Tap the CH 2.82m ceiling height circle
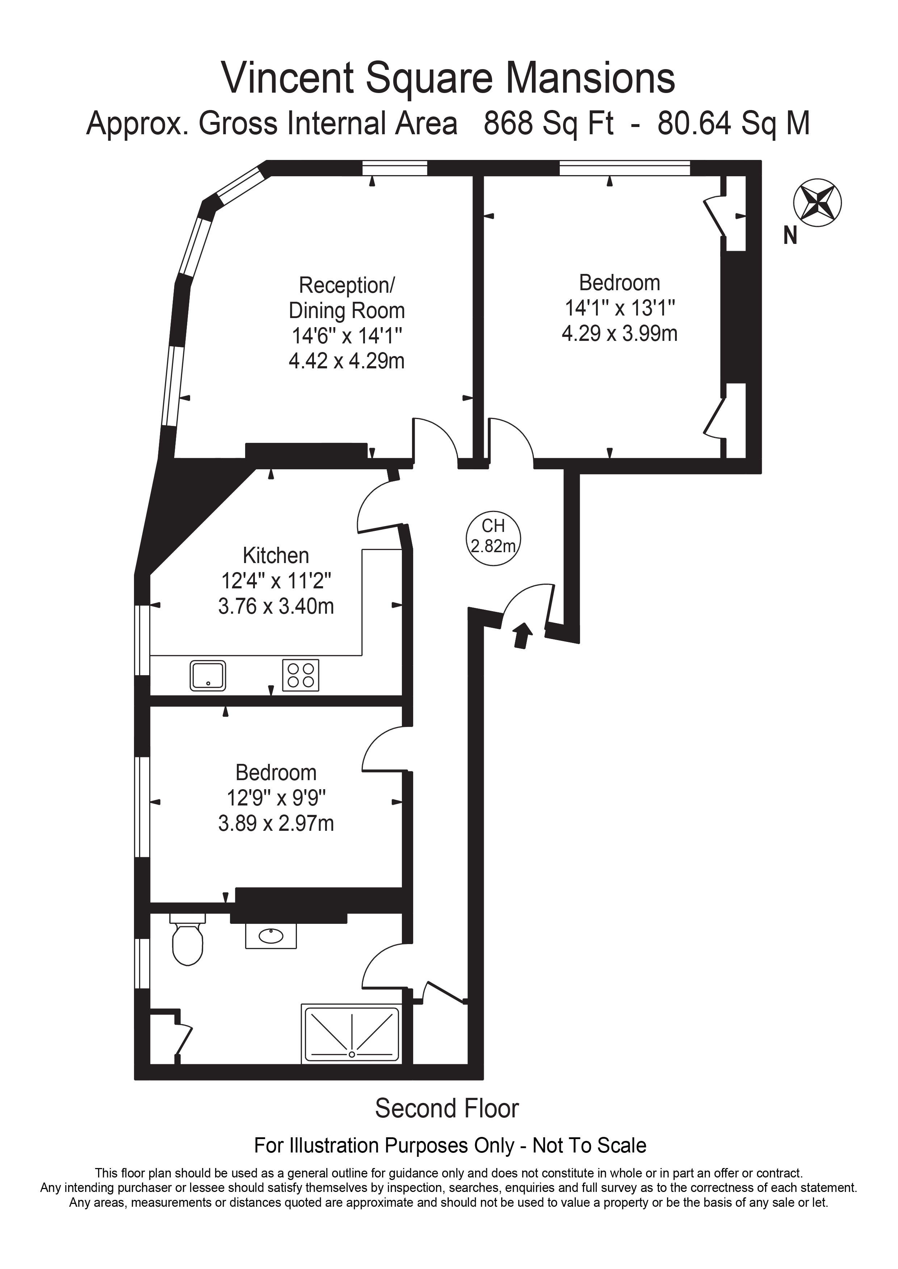493,537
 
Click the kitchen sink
208,676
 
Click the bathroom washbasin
271,936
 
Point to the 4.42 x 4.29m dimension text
347,361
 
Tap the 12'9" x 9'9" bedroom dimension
276,798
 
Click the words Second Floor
447,1108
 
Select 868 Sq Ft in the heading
549,123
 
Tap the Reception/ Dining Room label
347,298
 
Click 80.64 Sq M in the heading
733,123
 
